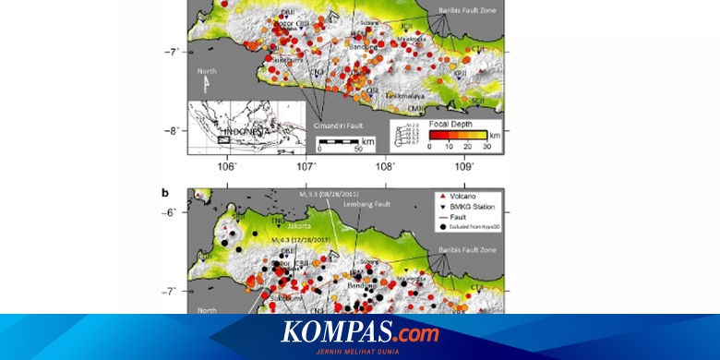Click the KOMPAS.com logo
tap(360, 330)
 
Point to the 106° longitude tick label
tap(227, 166)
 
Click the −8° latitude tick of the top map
tap(174, 130)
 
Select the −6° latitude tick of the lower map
tap(174, 212)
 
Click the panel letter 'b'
tap(165, 193)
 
